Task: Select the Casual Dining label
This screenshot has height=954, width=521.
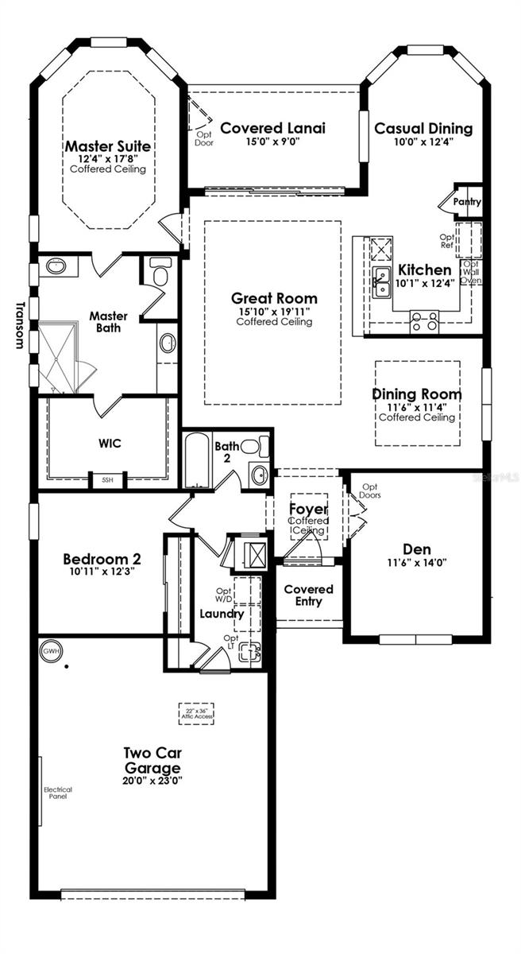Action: click(423, 129)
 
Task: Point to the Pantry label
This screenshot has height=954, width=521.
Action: click(467, 202)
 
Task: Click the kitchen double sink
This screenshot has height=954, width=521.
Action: click(381, 280)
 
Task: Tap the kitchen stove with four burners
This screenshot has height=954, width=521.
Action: click(423, 321)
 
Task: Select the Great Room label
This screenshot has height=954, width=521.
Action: click(273, 299)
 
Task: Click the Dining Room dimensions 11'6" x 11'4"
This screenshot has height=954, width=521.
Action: click(416, 406)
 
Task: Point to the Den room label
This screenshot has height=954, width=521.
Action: click(416, 549)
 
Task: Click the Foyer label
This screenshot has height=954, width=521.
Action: click(308, 510)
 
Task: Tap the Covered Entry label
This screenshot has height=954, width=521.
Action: click(308, 595)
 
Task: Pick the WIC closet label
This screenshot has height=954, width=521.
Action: click(110, 443)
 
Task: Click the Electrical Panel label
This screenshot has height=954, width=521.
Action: click(58, 793)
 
